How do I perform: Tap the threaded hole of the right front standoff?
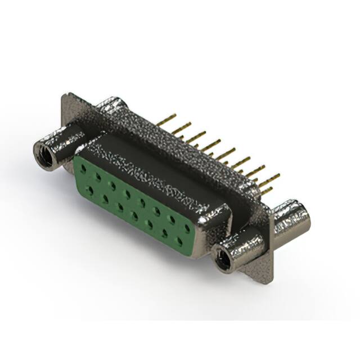[226, 259]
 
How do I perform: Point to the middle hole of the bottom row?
[135, 214]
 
